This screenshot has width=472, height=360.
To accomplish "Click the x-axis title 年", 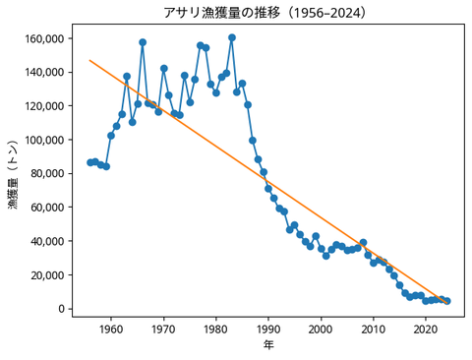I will coord(267,345).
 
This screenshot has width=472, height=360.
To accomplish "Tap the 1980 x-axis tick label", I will coord(215,329).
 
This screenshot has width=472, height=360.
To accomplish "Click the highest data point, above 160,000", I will coord(231,37).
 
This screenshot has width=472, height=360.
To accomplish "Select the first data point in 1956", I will coord(89,162).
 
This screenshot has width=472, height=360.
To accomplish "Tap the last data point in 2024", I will coord(447,301).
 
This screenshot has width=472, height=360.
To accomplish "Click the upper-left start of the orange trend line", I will coord(89,60).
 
